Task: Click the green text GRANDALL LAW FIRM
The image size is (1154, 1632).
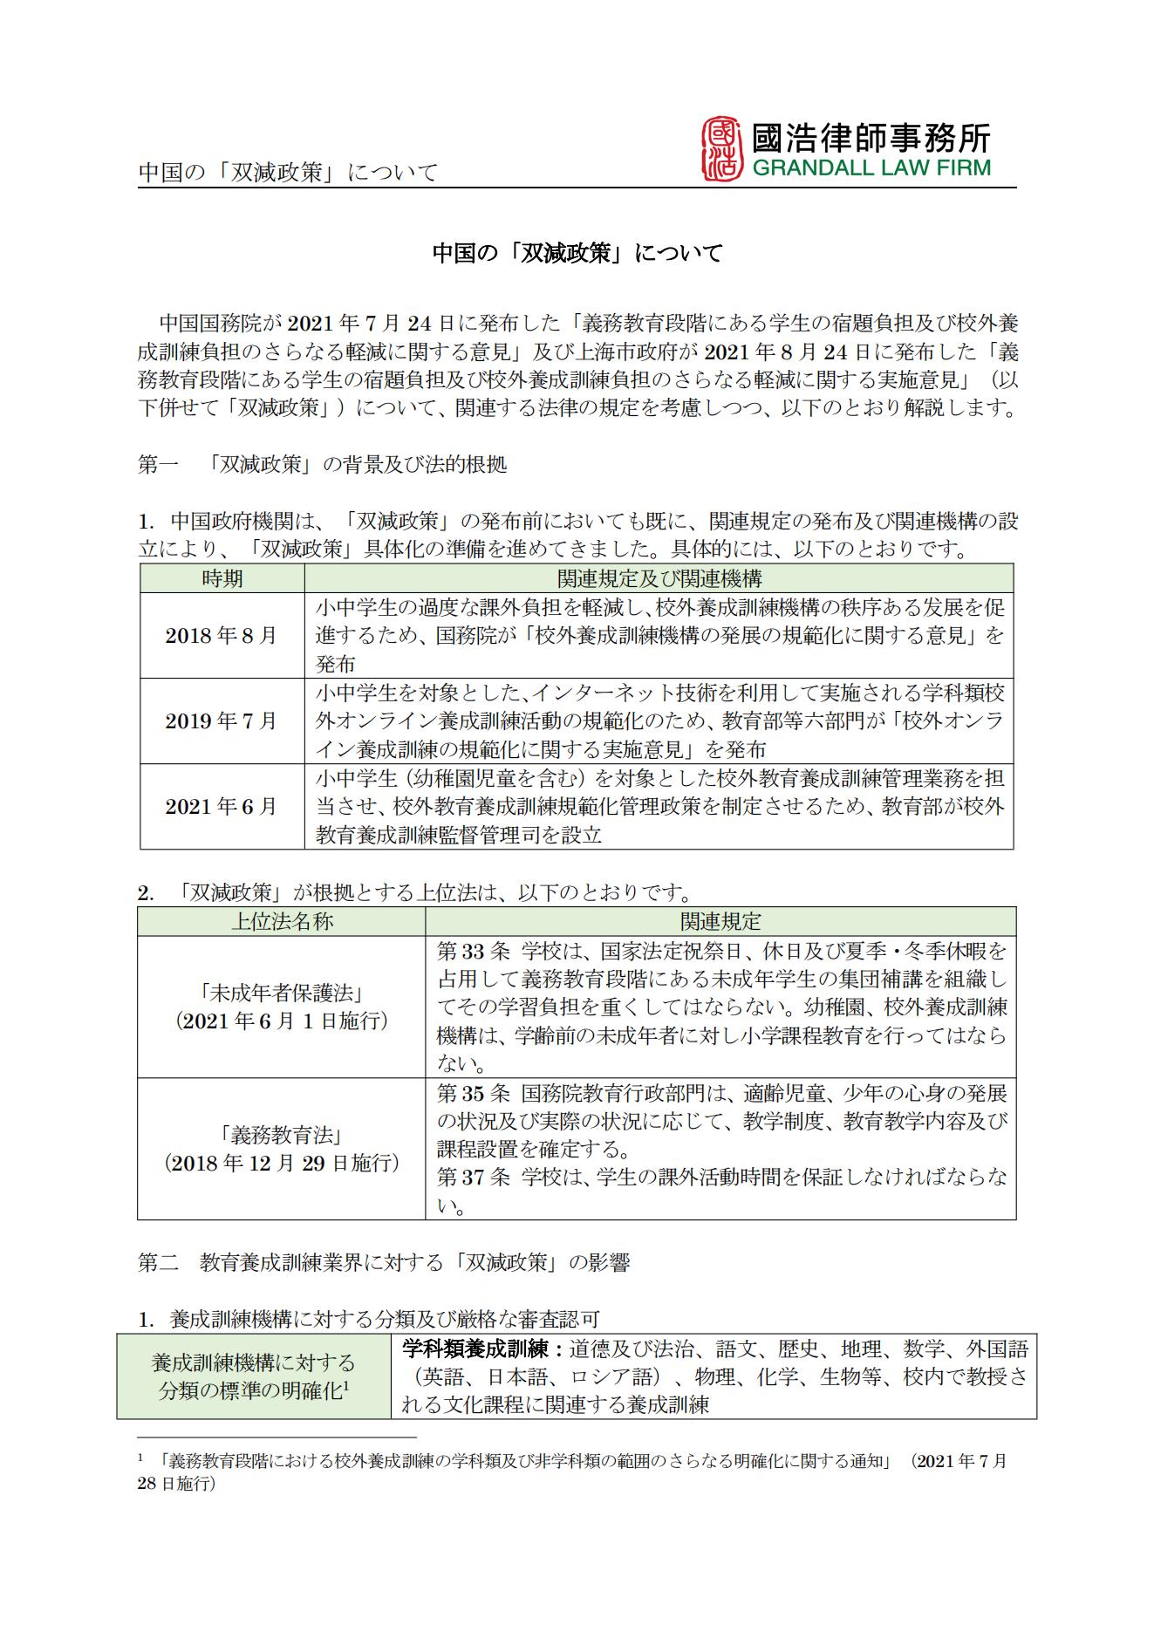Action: click(871, 168)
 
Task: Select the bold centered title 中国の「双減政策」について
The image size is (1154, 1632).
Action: click(577, 254)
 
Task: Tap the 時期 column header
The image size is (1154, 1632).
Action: click(222, 578)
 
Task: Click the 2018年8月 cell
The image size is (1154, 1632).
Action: click(222, 635)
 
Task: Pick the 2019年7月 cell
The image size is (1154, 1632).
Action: click(222, 720)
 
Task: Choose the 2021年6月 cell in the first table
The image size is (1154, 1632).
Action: click(222, 806)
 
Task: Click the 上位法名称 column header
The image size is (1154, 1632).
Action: click(281, 921)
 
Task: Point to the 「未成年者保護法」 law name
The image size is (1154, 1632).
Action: click(281, 993)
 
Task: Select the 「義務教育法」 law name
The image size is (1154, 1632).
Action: click(281, 1135)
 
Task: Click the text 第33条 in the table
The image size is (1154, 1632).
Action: click(473, 951)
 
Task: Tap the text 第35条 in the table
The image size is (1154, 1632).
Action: click(473, 1093)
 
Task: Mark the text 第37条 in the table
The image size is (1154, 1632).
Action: click(473, 1178)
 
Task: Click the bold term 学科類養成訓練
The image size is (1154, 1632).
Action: click(477, 1349)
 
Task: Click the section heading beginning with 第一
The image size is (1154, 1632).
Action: click(322, 464)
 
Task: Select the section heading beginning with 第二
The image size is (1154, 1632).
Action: click(384, 1262)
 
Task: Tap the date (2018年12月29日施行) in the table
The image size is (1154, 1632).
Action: click(281, 1163)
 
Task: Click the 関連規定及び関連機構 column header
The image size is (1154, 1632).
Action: click(659, 578)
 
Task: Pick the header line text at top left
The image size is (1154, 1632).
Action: click(288, 172)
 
